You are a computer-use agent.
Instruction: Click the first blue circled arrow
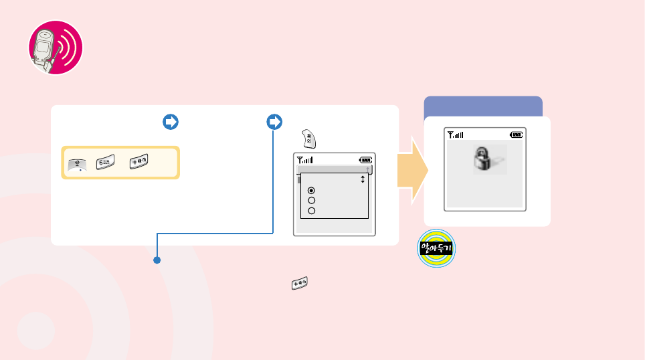(x=170, y=122)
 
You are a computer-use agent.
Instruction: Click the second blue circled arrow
(x=274, y=122)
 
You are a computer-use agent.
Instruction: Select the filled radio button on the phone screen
(x=312, y=191)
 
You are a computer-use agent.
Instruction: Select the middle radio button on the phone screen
(x=312, y=201)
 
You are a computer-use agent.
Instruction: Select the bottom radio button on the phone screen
(x=312, y=211)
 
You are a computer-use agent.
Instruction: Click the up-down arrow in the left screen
(x=363, y=179)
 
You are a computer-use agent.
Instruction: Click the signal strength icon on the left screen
(x=305, y=160)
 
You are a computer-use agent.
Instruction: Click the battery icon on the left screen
(x=365, y=160)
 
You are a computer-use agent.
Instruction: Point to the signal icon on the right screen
(x=456, y=134)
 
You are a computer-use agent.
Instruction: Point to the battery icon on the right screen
(x=516, y=134)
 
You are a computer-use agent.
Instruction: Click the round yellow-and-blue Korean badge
(x=436, y=250)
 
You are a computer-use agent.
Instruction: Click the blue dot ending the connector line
(x=157, y=260)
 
